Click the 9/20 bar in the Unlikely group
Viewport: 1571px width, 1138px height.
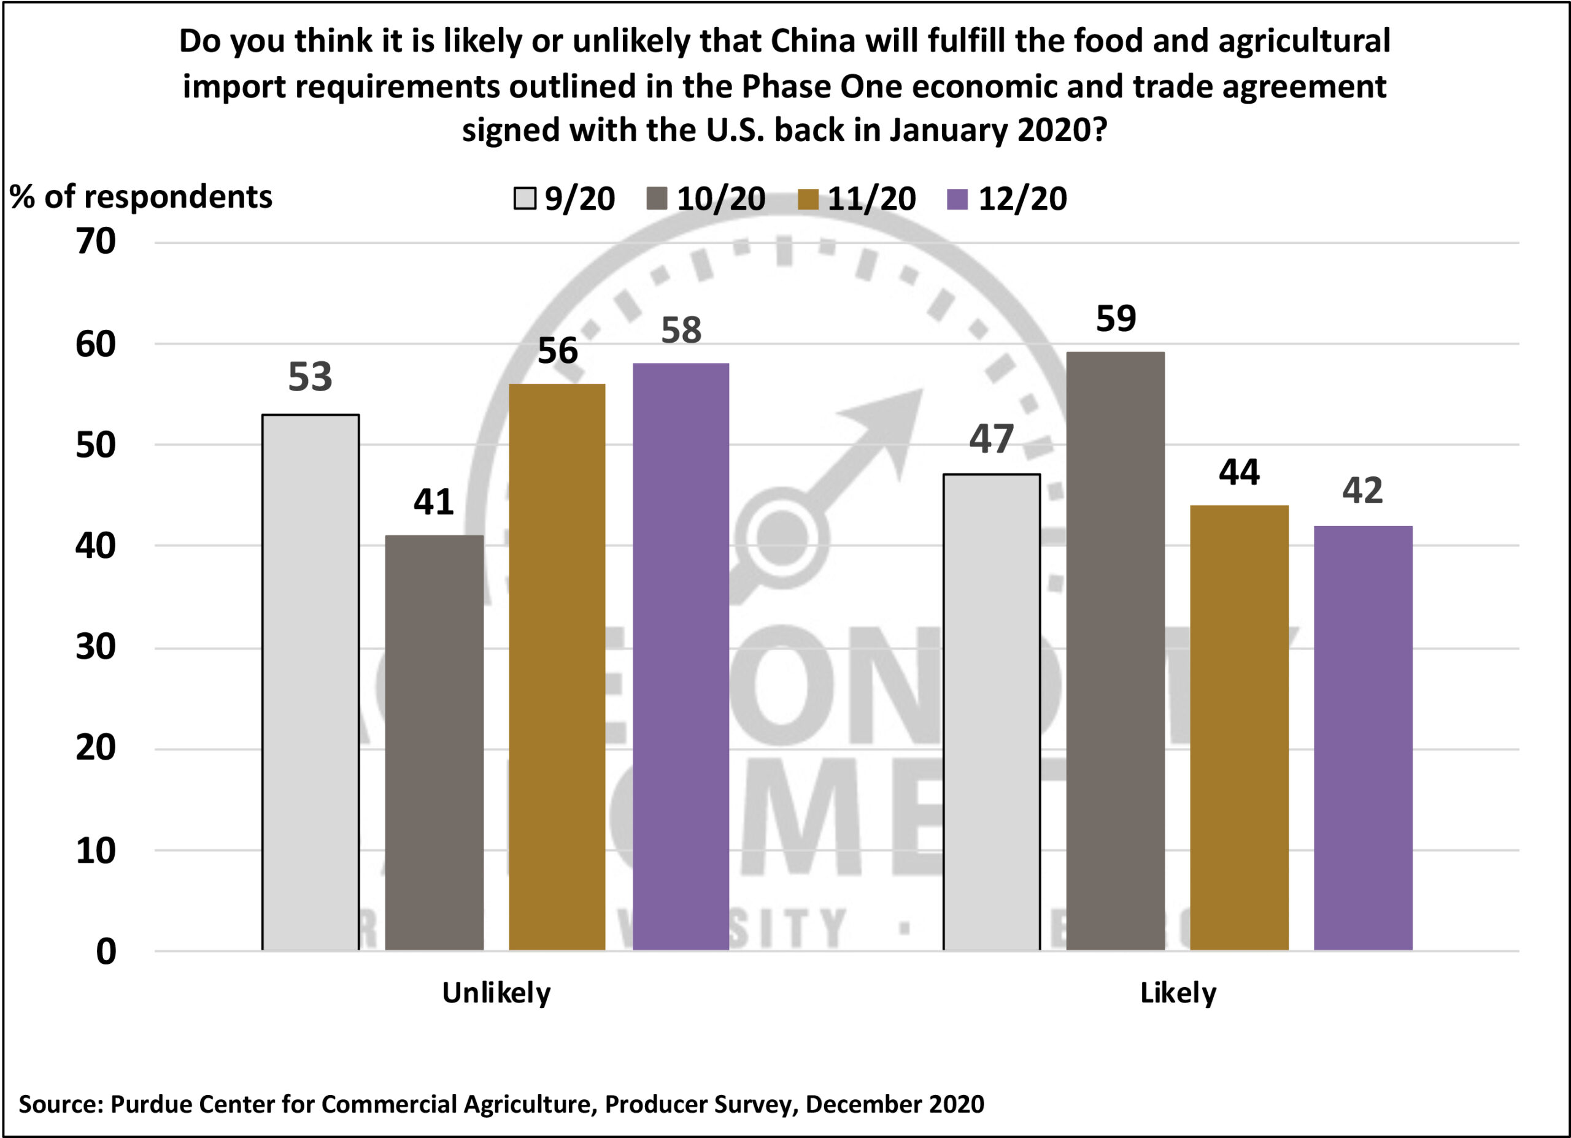pyautogui.click(x=311, y=682)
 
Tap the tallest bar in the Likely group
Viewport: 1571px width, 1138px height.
pyautogui.click(x=1115, y=651)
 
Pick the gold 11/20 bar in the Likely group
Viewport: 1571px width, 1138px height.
pyautogui.click(x=1239, y=728)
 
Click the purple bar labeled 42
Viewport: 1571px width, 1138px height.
pyautogui.click(x=1362, y=738)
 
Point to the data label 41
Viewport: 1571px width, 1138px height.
pyautogui.click(x=434, y=502)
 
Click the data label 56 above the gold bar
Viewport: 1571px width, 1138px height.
pyautogui.click(x=557, y=351)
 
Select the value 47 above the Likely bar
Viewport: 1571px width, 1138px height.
pyautogui.click(x=991, y=439)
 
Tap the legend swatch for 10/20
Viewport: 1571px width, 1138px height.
pyautogui.click(x=657, y=199)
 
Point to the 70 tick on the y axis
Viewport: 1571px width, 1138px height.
pyautogui.click(x=96, y=242)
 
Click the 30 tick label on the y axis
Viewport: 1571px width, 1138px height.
pyautogui.click(x=96, y=647)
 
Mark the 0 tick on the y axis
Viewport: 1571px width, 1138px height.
pyautogui.click(x=106, y=952)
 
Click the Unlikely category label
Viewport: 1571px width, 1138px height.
pyautogui.click(x=496, y=993)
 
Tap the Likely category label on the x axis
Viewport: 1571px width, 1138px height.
pyautogui.click(x=1178, y=993)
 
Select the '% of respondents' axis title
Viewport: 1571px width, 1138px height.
pyautogui.click(x=141, y=197)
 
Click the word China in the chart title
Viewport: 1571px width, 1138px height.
pyautogui.click(x=813, y=42)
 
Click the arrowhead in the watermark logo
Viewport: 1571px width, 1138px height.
pyautogui.click(x=890, y=422)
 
